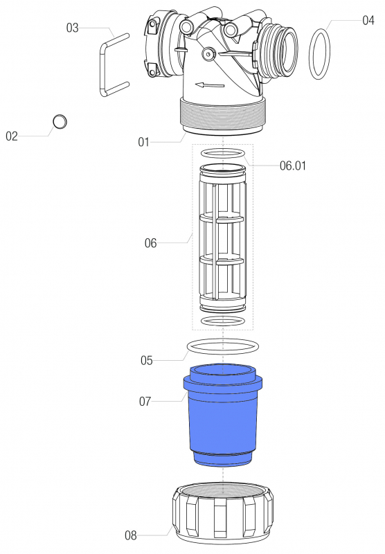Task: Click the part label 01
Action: point(143,143)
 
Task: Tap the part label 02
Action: point(12,136)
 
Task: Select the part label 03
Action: point(73,28)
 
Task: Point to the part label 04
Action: point(368,21)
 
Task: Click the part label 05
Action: point(146,360)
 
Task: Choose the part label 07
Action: point(146,400)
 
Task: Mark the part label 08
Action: point(131,535)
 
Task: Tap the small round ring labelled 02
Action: point(61,122)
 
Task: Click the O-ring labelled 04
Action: point(319,53)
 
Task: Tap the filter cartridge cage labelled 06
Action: point(222,239)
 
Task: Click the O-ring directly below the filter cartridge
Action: point(222,321)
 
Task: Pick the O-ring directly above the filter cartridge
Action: point(222,152)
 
